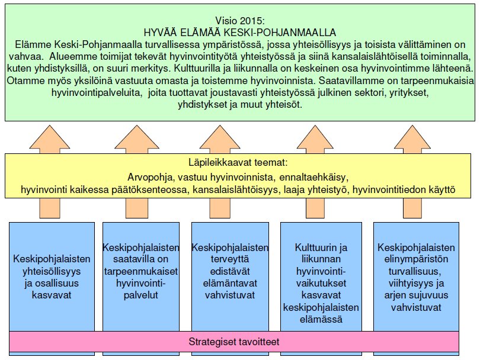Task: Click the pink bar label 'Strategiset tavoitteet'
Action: (x=234, y=342)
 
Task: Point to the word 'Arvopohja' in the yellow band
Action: (x=148, y=176)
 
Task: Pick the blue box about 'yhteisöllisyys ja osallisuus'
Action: (x=52, y=276)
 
